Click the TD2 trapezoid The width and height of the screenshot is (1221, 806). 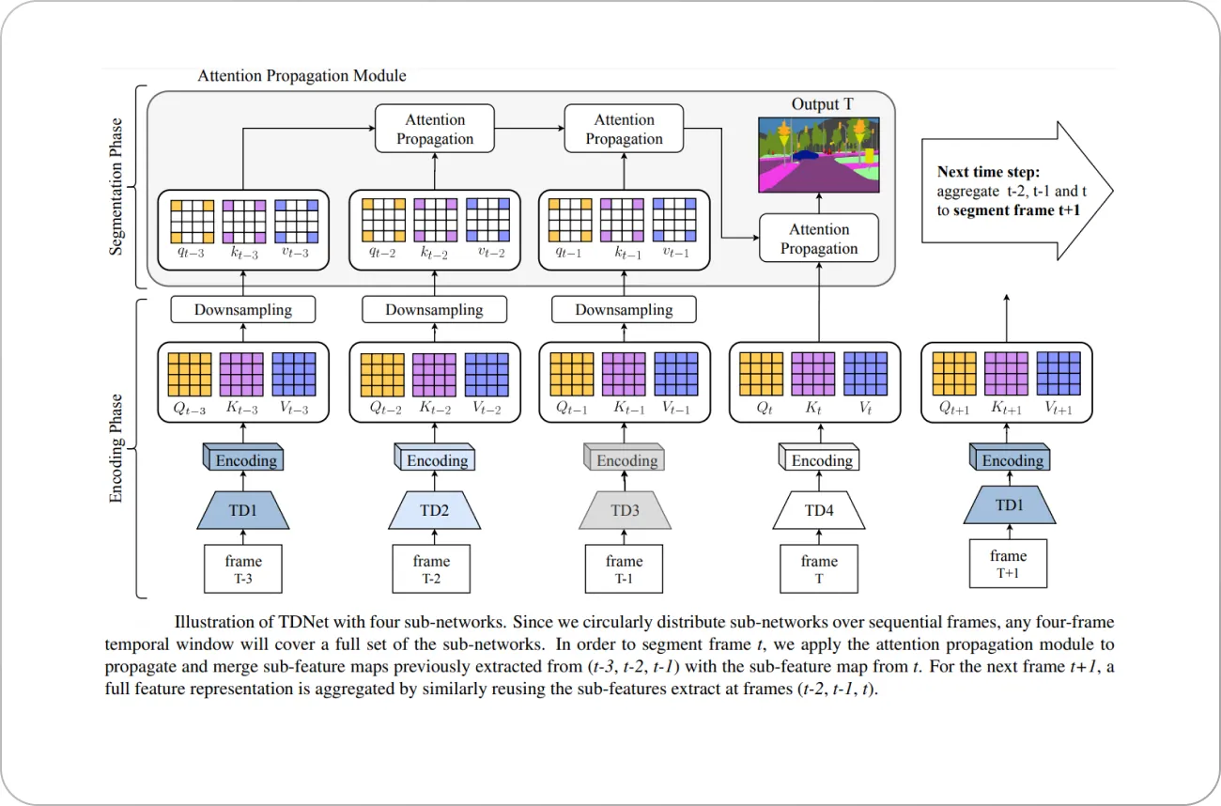[x=434, y=511]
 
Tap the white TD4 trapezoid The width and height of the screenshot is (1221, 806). [x=818, y=511]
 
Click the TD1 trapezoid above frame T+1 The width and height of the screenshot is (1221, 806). [x=1010, y=505]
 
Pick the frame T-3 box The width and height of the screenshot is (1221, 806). [x=243, y=569]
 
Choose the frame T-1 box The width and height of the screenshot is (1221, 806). [x=624, y=569]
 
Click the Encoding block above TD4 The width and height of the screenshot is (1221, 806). [x=820, y=460]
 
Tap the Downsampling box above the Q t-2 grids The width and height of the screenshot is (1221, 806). [x=434, y=310]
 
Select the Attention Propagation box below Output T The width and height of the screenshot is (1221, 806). [x=819, y=239]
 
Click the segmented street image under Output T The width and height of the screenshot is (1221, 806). [x=819, y=151]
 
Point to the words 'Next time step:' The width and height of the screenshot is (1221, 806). [x=986, y=172]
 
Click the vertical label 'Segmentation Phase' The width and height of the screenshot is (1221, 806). [x=117, y=187]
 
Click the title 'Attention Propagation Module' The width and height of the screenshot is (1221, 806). [x=301, y=75]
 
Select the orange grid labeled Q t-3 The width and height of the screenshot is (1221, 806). [x=191, y=374]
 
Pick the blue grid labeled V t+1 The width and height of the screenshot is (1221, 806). [x=1059, y=374]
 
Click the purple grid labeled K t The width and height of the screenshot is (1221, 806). [x=812, y=374]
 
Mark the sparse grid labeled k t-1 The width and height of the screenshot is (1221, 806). [x=624, y=220]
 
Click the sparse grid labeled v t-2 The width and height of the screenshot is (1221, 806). [x=487, y=220]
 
